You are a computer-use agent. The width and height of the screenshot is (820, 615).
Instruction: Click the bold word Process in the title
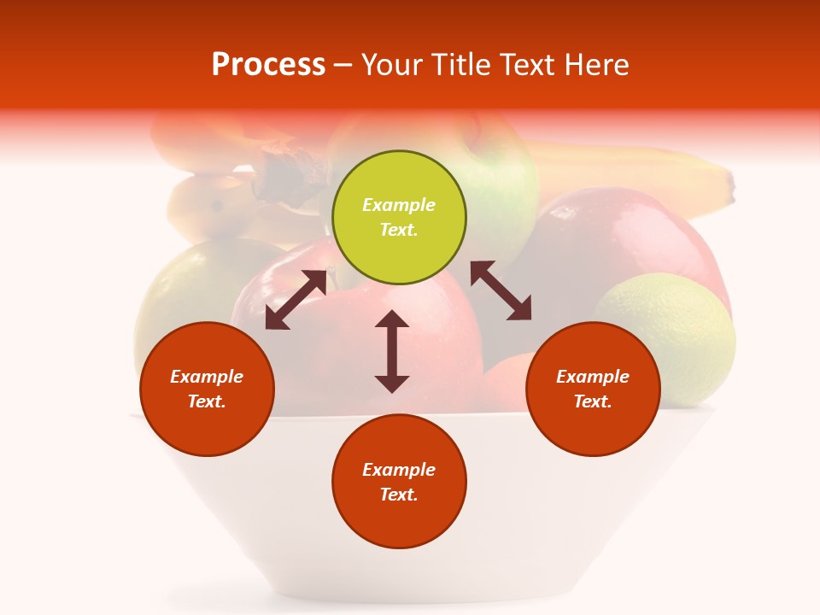[x=268, y=65]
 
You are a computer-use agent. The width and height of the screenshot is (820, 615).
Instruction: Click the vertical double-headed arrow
[x=392, y=351]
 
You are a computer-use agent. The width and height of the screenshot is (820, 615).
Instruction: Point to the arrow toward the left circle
[x=296, y=300]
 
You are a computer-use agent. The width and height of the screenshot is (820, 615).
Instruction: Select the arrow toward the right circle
[x=501, y=290]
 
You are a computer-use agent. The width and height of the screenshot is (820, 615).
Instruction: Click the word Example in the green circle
[x=399, y=205]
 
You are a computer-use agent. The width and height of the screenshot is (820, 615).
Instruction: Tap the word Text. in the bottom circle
[x=399, y=495]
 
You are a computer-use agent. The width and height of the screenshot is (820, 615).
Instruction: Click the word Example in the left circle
[x=207, y=377]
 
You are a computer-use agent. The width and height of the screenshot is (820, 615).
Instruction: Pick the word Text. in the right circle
[x=593, y=401]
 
